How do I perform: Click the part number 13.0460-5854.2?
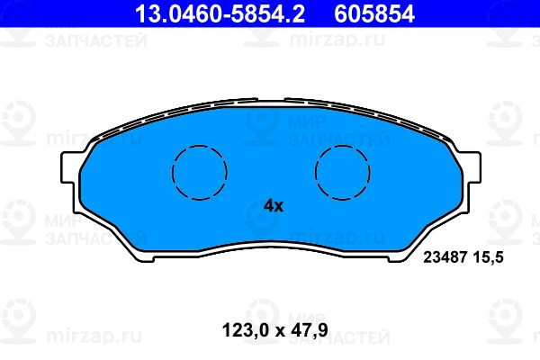(x=220, y=13)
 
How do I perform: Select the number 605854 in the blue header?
(x=374, y=13)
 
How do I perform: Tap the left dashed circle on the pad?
(x=200, y=172)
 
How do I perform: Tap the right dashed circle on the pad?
(x=343, y=172)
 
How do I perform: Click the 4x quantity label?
(x=274, y=206)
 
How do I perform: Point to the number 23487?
(x=445, y=257)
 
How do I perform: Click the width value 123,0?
(x=245, y=330)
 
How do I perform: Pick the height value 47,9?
(x=310, y=330)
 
